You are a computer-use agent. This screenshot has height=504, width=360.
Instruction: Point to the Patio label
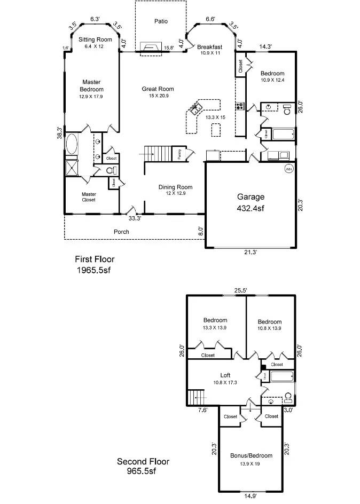[161, 21]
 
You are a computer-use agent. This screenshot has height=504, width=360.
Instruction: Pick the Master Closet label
[89, 197]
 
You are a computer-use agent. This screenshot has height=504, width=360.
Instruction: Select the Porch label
[121, 232]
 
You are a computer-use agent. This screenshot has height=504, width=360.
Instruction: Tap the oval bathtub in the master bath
[71, 144]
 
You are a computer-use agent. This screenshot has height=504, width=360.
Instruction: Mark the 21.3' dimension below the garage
[251, 253]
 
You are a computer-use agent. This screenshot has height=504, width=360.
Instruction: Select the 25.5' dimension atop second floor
[240, 291]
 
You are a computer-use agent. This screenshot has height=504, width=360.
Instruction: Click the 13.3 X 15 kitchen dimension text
[216, 117]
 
